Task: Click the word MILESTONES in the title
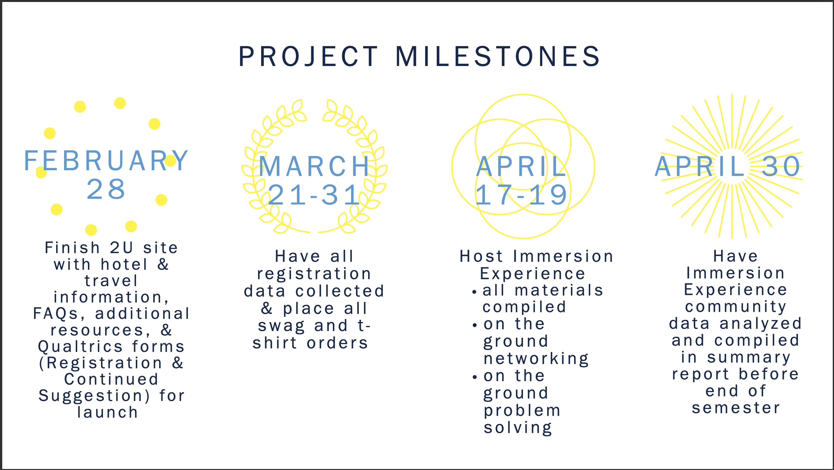click(x=498, y=56)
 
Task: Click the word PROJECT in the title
click(x=309, y=56)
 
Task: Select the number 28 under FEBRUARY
click(x=106, y=189)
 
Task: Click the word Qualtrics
click(x=80, y=347)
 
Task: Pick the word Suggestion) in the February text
click(x=94, y=396)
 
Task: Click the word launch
click(x=107, y=412)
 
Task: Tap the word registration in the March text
click(x=314, y=274)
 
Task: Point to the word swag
click(x=281, y=326)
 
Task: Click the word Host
click(x=482, y=256)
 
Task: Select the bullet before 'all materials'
click(x=474, y=292)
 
